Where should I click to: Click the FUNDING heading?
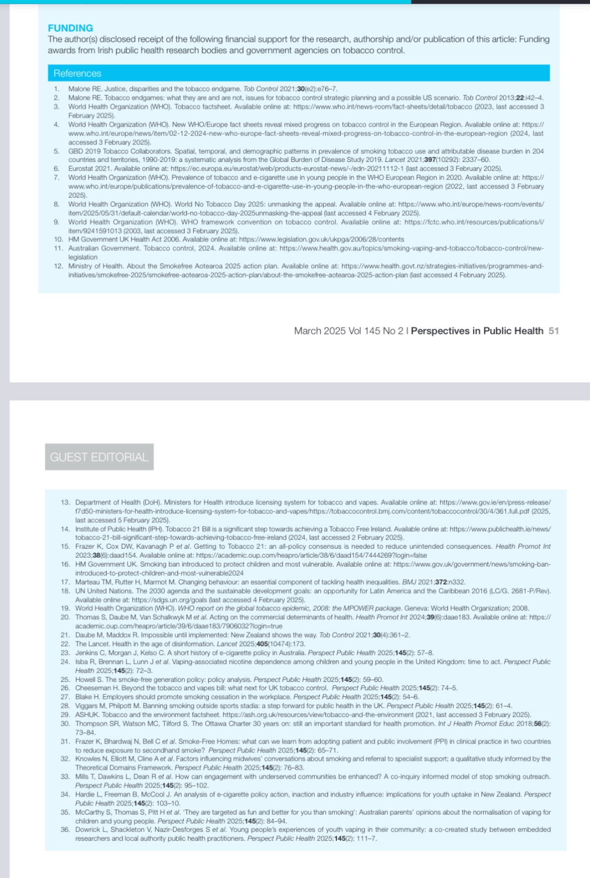[x=70, y=28]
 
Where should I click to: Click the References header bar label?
[x=77, y=74]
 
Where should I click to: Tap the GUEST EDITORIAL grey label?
[x=99, y=457]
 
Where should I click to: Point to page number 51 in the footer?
[x=554, y=331]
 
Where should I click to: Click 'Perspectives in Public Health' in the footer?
[x=477, y=331]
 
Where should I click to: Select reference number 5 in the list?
[x=56, y=151]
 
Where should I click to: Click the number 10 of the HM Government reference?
[x=58, y=240]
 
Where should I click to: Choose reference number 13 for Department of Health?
[x=65, y=502]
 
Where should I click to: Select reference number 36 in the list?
[x=65, y=830]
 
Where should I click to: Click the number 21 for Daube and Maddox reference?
[x=65, y=635]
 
